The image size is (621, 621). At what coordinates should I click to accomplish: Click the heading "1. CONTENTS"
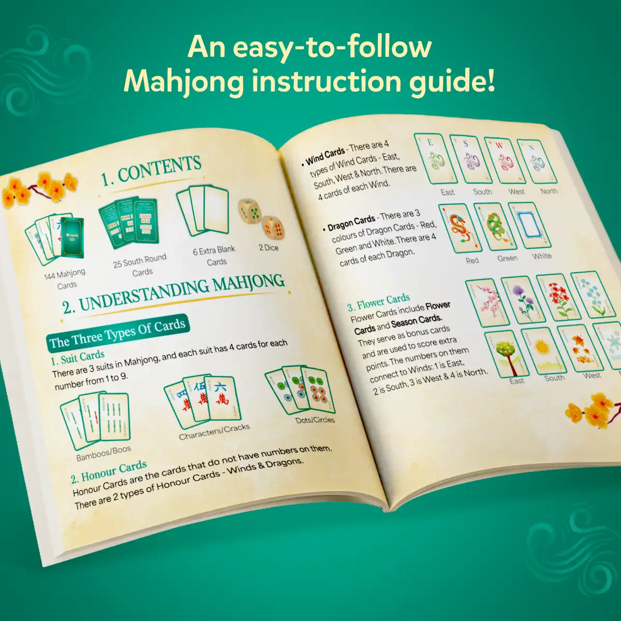click(151, 171)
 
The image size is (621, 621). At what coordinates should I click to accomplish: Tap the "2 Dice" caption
click(269, 248)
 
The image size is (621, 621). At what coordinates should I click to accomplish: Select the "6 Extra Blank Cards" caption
click(215, 256)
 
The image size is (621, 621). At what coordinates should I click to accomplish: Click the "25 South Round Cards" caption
click(141, 265)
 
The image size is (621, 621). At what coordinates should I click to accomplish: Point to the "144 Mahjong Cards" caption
click(65, 279)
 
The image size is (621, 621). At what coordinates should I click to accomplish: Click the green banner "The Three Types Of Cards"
click(117, 333)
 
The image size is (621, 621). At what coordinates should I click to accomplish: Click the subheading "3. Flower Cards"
click(378, 302)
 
